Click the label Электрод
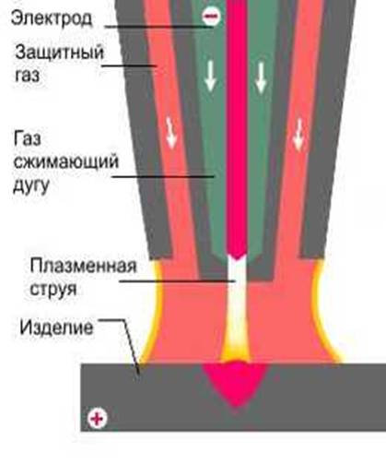[52, 18]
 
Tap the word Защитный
[60, 52]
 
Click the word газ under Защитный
[28, 76]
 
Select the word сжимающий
[65, 161]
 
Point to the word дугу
[31, 185]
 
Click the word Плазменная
[83, 266]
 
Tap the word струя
[53, 289]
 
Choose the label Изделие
[56, 327]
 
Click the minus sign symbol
[211, 16]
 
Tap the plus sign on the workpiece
[98, 419]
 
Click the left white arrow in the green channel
[210, 76]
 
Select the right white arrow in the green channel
[261, 77]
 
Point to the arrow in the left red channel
[170, 133]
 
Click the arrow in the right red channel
[298, 136]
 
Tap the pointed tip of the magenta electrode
[236, 258]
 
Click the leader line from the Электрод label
[158, 27]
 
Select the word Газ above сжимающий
[28, 138]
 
